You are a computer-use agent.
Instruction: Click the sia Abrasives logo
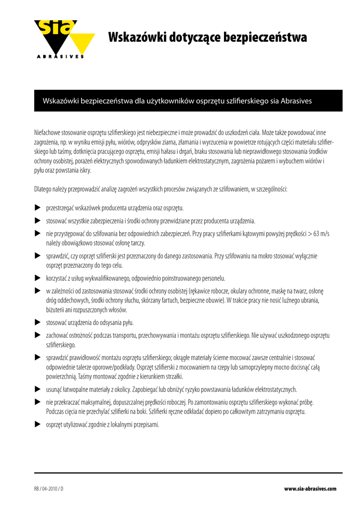click(x=64, y=39)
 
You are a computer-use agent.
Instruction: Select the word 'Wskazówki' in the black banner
click(x=62, y=101)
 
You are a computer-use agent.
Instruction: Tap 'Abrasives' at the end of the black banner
click(x=296, y=101)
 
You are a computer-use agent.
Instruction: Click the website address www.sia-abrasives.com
click(x=310, y=489)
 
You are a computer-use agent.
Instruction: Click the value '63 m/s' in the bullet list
click(x=319, y=234)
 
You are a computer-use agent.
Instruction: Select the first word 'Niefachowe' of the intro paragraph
click(x=47, y=133)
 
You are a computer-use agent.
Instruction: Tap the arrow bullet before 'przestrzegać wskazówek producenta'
click(x=37, y=207)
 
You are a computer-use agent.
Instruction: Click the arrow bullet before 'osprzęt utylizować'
click(x=37, y=424)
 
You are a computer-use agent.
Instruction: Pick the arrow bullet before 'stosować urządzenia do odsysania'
click(x=37, y=322)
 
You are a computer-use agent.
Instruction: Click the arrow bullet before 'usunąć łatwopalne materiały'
click(x=37, y=389)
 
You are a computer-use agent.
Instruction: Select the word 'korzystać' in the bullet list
click(x=56, y=278)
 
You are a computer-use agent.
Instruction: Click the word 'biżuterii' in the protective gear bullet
click(x=55, y=310)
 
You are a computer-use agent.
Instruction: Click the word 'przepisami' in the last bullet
click(x=146, y=425)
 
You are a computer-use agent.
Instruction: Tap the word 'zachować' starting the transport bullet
click(x=57, y=335)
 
